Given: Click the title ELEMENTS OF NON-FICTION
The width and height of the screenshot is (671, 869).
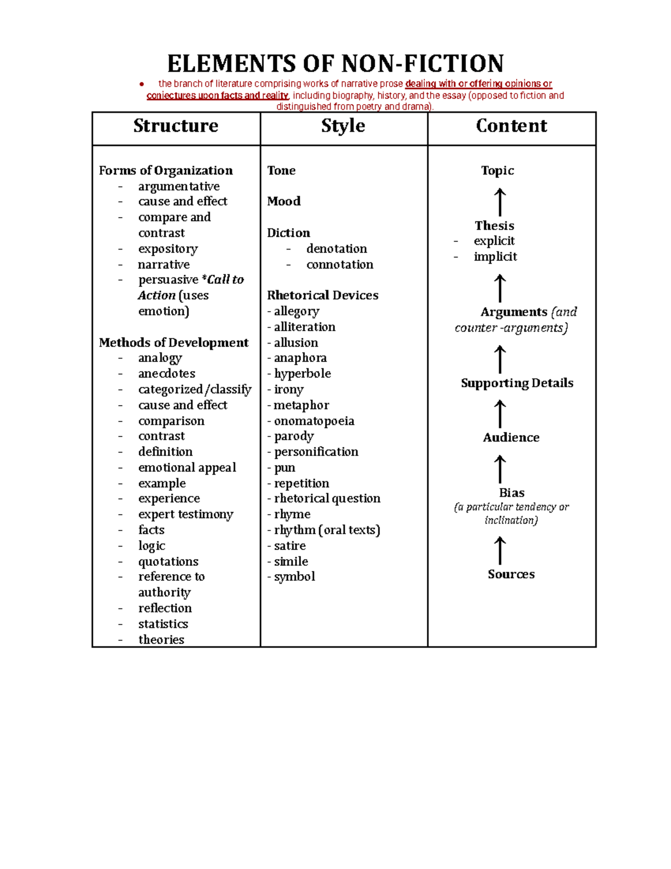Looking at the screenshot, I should pyautogui.click(x=335, y=64).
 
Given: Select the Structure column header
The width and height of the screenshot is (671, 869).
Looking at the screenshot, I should pyautogui.click(x=176, y=126).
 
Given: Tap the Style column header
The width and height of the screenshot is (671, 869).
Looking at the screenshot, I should pyautogui.click(x=343, y=126).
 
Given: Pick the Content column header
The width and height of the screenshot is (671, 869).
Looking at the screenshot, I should pyautogui.click(x=511, y=126).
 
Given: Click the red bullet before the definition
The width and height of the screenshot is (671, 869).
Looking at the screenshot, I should pyautogui.click(x=142, y=84).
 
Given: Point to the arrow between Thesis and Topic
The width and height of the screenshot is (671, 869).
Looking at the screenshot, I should pyautogui.click(x=500, y=202).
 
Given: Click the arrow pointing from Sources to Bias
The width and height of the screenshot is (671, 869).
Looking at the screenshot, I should pyautogui.click(x=500, y=551).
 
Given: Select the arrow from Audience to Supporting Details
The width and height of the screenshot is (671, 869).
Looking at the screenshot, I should pyautogui.click(x=500, y=414).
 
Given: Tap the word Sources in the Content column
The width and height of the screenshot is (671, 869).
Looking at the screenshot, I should pyautogui.click(x=511, y=574).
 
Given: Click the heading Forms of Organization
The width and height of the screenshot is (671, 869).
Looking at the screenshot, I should pyautogui.click(x=166, y=171).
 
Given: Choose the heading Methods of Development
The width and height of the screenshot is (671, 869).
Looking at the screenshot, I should pyautogui.click(x=173, y=342).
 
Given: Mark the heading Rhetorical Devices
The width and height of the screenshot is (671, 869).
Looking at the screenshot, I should pyautogui.click(x=323, y=295).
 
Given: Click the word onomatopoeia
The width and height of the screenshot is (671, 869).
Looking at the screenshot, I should pyautogui.click(x=314, y=421).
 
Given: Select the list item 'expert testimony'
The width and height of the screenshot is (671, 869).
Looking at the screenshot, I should pyautogui.click(x=186, y=514).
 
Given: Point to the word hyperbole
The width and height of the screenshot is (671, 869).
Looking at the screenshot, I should pyautogui.click(x=302, y=374).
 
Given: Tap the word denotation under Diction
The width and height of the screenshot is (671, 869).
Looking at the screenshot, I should pyautogui.click(x=337, y=248).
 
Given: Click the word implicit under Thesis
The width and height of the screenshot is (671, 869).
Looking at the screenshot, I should pyautogui.click(x=495, y=257).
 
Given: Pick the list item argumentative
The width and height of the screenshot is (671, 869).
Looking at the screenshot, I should pyautogui.click(x=179, y=186).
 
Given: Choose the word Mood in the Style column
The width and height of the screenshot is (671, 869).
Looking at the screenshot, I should pyautogui.click(x=283, y=201).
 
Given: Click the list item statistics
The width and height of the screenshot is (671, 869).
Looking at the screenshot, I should pyautogui.click(x=163, y=624).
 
